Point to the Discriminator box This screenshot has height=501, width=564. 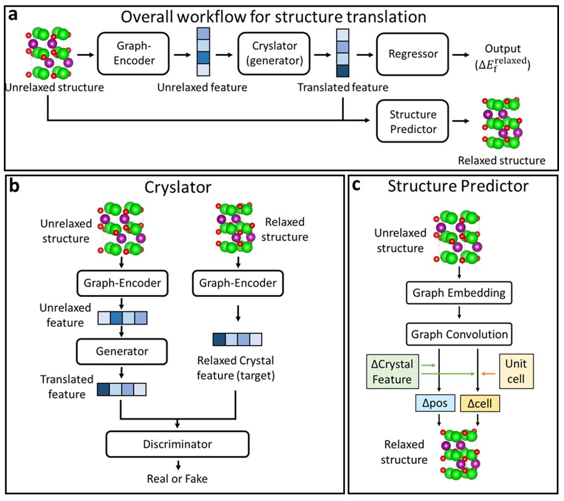[178, 444]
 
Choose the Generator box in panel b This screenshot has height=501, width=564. [122, 351]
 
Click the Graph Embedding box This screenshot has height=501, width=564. [459, 293]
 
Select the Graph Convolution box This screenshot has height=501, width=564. [459, 335]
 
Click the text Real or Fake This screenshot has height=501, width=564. [178, 478]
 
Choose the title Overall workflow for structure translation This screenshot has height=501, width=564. [274, 16]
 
